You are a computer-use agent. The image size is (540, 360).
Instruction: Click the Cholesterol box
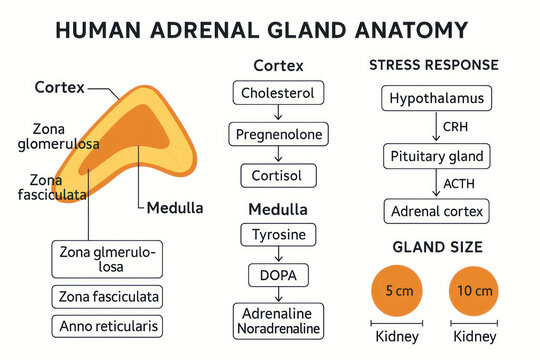pyautogui.click(x=278, y=94)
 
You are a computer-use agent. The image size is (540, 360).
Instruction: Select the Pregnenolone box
pyautogui.click(x=278, y=134)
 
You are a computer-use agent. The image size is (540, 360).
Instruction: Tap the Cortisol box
pyautogui.click(x=278, y=175)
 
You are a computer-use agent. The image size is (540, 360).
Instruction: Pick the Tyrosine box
pyautogui.click(x=278, y=235)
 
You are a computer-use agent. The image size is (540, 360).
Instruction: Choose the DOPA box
pyautogui.click(x=278, y=274)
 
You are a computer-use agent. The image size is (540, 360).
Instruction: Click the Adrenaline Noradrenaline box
pyautogui.click(x=278, y=319)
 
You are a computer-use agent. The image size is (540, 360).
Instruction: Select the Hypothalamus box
pyautogui.click(x=435, y=99)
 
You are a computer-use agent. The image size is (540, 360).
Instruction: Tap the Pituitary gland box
pyautogui.click(x=435, y=156)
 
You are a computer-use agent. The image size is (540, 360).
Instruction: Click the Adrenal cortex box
pyautogui.click(x=435, y=211)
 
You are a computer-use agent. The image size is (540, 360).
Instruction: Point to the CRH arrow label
pyautogui.click(x=455, y=128)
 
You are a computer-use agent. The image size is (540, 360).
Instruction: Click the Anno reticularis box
pyautogui.click(x=107, y=326)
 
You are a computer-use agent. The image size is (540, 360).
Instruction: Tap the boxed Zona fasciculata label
pyautogui.click(x=107, y=297)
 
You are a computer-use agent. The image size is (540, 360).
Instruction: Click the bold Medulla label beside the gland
pyautogui.click(x=174, y=209)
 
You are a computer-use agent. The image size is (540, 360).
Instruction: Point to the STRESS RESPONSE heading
pyautogui.click(x=433, y=66)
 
